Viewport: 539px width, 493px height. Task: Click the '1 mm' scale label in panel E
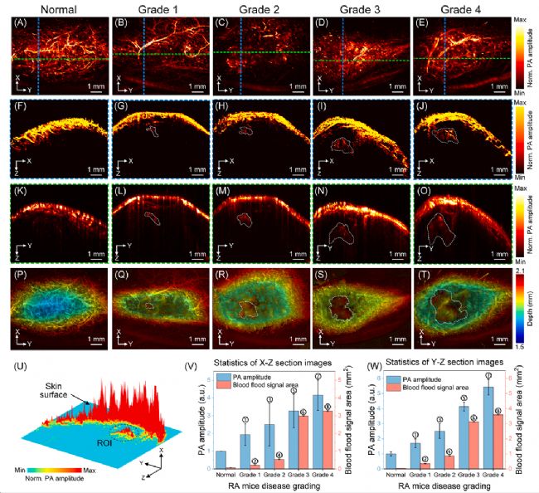[495, 87]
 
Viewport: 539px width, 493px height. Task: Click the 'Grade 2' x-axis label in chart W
[443, 476]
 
